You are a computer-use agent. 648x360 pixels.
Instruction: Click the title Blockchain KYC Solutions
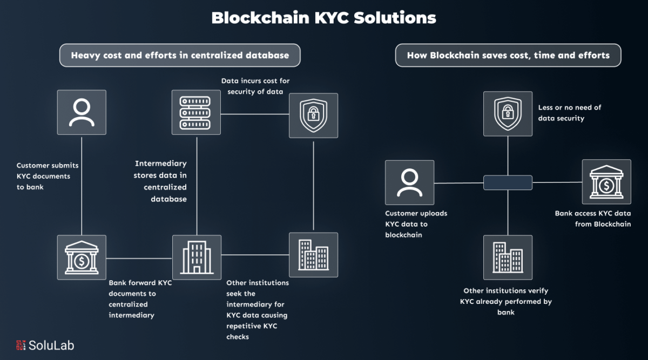323,18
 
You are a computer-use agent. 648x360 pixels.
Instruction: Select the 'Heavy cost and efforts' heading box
180,55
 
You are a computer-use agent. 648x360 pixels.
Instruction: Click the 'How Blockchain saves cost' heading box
508,55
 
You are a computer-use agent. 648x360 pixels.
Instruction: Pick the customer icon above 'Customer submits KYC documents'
82,112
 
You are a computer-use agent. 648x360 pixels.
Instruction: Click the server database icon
196,112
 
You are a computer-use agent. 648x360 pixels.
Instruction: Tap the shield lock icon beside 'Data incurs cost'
313,115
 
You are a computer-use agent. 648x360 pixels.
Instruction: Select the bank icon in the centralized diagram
82,257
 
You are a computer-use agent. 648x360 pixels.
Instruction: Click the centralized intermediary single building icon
196,257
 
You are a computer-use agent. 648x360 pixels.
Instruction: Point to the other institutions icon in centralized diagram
313,254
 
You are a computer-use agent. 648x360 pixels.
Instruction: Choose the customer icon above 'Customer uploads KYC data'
409,182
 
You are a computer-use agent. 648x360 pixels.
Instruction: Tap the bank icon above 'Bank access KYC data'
606,181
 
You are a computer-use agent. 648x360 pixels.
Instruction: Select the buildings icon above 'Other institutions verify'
508,257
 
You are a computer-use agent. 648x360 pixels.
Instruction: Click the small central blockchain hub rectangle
508,182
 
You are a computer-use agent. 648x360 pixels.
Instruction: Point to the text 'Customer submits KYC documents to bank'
44,176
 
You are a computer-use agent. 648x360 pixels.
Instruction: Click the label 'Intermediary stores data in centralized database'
160,181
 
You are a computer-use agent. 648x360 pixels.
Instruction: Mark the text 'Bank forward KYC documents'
140,298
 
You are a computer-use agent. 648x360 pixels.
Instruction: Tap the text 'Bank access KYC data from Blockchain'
593,219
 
